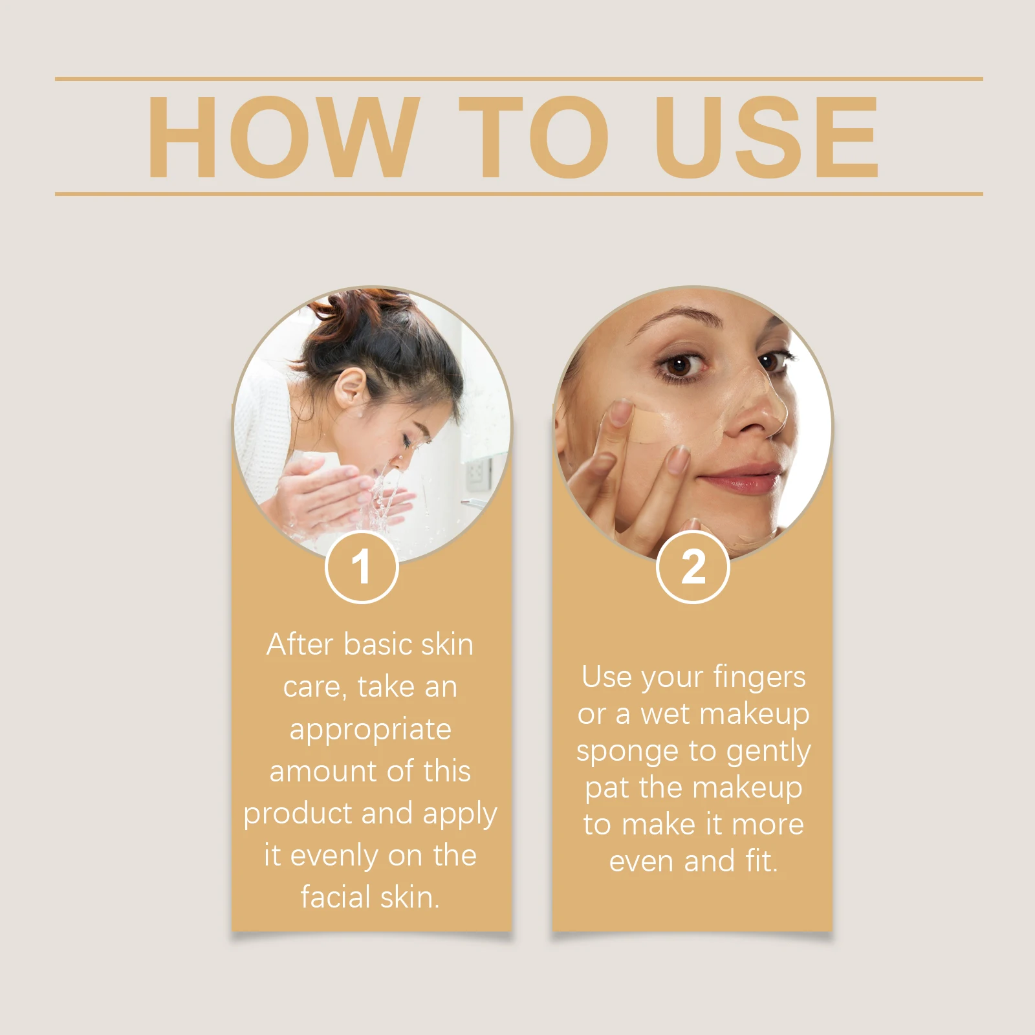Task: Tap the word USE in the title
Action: [767, 137]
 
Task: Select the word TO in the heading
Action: [534, 137]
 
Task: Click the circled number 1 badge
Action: [362, 567]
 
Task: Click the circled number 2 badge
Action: [693, 567]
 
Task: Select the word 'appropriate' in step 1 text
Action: [370, 729]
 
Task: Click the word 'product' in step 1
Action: [296, 814]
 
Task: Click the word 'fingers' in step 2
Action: [759, 678]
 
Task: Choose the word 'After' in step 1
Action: [300, 644]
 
